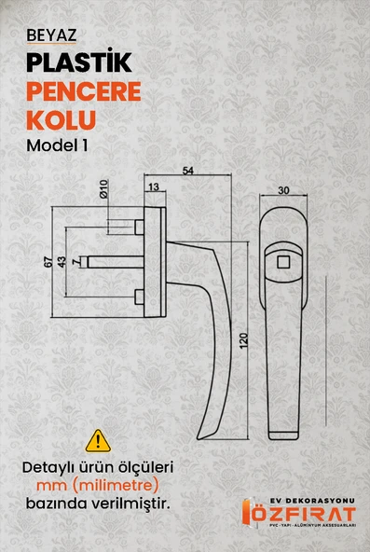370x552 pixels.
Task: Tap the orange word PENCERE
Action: click(85, 93)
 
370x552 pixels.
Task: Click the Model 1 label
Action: click(62, 147)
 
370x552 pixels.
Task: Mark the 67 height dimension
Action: click(48, 262)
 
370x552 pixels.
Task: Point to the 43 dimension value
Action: click(62, 262)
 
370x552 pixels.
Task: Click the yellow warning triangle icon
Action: click(98, 439)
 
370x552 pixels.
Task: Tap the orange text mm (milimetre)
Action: click(98, 486)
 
